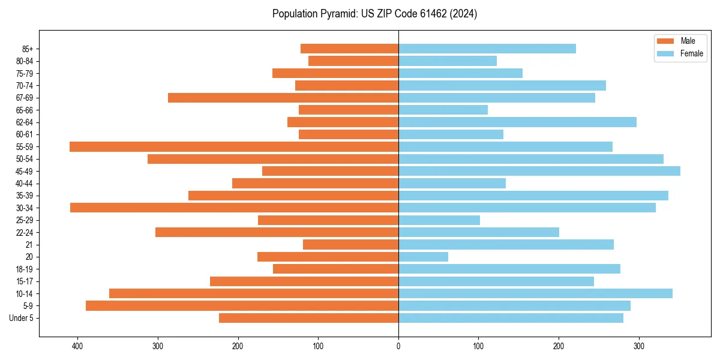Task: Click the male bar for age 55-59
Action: (234, 147)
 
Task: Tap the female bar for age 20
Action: (423, 257)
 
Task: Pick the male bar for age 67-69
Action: (283, 98)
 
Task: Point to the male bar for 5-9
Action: (242, 305)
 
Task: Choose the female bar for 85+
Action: (487, 49)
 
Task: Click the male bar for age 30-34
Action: (234, 208)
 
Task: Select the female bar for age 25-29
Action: (439, 220)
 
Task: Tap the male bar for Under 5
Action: (308, 318)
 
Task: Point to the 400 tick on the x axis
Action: (77, 346)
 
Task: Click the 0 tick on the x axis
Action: (398, 346)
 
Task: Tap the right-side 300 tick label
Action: (639, 346)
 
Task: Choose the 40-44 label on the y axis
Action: (25, 184)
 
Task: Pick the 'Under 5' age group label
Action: (21, 318)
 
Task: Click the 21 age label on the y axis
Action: (29, 245)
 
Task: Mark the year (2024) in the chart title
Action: (464, 14)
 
